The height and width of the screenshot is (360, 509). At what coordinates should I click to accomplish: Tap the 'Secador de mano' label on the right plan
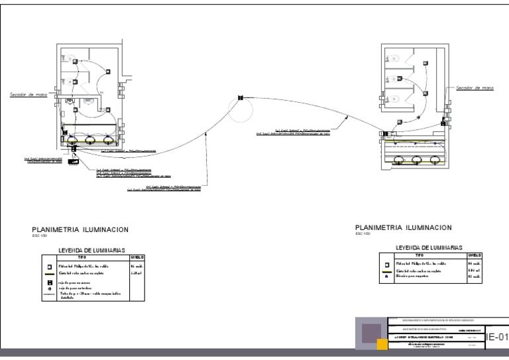(x=475, y=88)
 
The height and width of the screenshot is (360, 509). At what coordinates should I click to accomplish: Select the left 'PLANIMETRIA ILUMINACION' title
(x=76, y=229)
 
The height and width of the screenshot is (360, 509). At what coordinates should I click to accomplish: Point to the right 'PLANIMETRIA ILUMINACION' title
(x=404, y=227)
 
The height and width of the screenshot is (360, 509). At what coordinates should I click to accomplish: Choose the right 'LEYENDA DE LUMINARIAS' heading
(x=429, y=247)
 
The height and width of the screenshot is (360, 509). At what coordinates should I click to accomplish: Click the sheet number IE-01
(x=497, y=337)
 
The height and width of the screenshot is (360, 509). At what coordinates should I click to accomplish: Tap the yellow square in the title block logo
(x=382, y=343)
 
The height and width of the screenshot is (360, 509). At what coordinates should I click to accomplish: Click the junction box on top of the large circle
(x=241, y=97)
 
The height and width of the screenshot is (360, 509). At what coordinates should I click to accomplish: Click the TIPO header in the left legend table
(x=83, y=256)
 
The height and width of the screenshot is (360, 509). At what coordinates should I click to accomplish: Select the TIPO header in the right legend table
(x=419, y=254)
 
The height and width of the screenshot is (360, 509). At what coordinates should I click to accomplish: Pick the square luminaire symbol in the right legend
(x=388, y=264)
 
